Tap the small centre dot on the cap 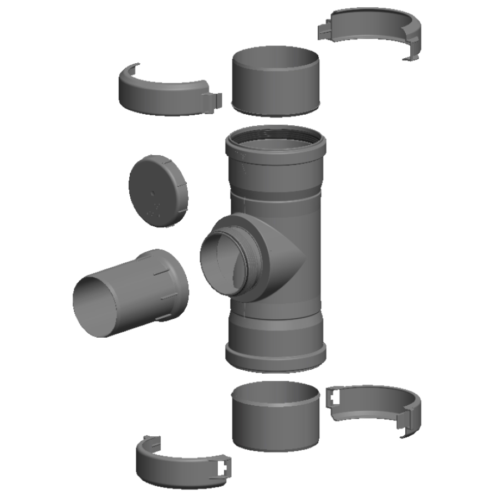pos(153,194)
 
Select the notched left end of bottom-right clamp pos(334,397)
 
